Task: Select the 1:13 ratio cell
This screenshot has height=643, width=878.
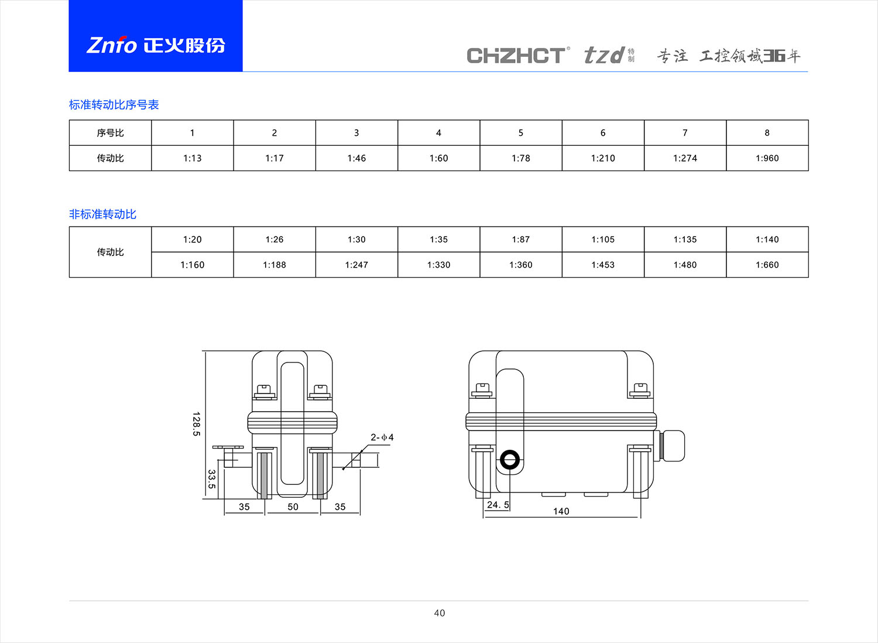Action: [192, 158]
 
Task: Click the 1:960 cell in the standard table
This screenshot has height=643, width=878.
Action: [767, 158]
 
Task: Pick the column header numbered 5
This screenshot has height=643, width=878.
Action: [520, 133]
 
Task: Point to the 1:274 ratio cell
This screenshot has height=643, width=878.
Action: [685, 158]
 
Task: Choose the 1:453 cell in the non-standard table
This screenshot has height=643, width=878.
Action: [603, 265]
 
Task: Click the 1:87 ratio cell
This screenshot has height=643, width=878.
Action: [520, 240]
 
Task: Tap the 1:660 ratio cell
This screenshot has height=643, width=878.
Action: [767, 265]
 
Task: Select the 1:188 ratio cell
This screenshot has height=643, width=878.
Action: [275, 265]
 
